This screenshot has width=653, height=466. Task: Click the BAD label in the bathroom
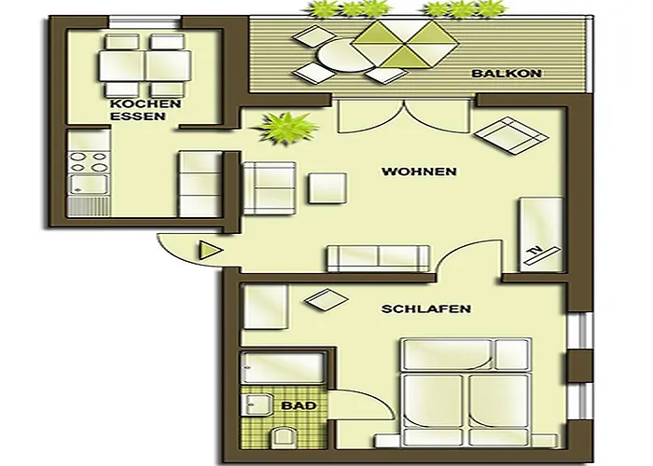click(292, 406)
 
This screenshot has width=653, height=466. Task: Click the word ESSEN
click(137, 117)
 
